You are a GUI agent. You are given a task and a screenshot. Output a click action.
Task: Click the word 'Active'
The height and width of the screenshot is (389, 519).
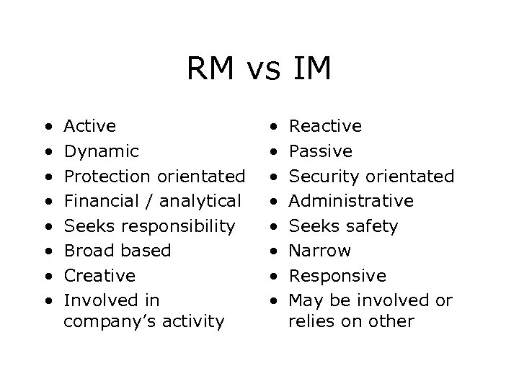pos(90,126)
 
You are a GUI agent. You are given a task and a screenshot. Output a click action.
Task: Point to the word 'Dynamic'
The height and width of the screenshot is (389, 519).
pos(102,151)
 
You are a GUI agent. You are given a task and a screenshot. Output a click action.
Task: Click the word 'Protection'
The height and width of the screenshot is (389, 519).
pos(105,176)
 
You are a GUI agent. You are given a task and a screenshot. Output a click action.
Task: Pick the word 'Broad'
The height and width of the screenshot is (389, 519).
pos(86,251)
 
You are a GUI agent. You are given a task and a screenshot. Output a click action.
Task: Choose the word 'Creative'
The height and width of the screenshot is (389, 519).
pos(99,276)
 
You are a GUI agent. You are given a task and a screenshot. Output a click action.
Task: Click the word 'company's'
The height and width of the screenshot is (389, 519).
pos(100,321)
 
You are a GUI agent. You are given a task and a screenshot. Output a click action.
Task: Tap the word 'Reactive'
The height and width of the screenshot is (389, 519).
pos(326,126)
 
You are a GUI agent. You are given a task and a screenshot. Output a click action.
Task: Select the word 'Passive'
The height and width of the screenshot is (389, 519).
pos(321,151)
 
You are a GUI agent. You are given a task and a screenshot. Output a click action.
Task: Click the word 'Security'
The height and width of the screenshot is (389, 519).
pos(324,176)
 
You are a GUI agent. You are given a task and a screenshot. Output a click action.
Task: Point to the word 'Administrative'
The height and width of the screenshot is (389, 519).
pos(351,201)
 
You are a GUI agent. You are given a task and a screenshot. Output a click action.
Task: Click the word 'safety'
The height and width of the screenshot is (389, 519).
pos(372,226)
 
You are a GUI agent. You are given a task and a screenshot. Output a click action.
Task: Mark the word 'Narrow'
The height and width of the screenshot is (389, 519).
pos(319,251)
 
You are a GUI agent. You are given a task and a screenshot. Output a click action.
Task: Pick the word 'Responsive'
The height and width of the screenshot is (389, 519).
pos(337,276)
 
